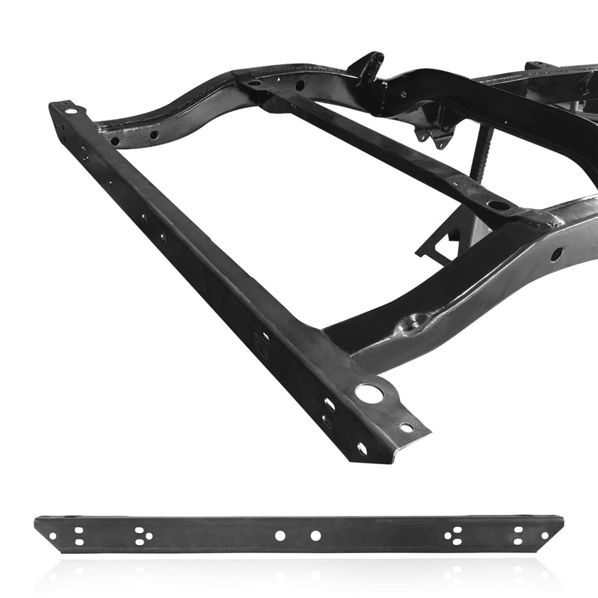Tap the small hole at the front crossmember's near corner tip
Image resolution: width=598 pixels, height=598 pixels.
pos(407,428)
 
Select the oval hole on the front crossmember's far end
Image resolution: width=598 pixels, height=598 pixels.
pos(72,110)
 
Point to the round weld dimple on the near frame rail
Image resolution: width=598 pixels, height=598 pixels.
pos(411,323)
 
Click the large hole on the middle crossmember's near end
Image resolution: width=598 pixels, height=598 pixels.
pos(499,204)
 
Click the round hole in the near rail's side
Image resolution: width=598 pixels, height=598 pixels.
pos(556,253)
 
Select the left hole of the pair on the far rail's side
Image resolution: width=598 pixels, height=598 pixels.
pos(114,140)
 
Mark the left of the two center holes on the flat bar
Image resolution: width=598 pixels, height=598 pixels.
pos(280,536)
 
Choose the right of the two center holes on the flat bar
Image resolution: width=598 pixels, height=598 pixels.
pos(315,536)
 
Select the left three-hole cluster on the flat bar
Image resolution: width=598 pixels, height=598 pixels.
pos(143,536)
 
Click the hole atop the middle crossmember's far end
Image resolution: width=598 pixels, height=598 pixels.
pos(255,84)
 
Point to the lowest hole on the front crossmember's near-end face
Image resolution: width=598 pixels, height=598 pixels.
pos(362,449)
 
